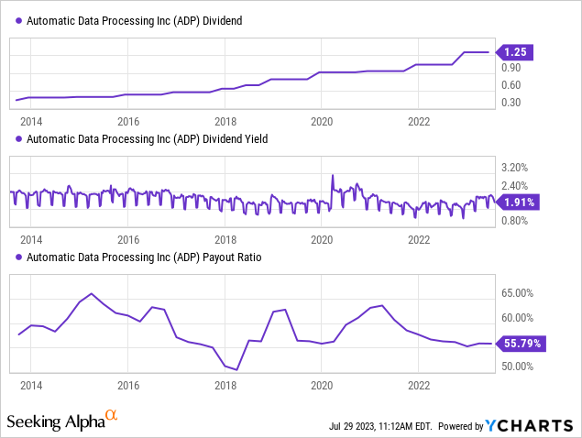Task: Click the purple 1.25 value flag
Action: point(514,53)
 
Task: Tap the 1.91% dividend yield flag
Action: point(517,202)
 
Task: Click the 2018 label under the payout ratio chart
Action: point(225,385)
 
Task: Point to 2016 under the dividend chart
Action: point(128,121)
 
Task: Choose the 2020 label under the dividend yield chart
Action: point(322,240)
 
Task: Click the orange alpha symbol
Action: point(112,416)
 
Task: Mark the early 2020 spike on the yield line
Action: point(333,176)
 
